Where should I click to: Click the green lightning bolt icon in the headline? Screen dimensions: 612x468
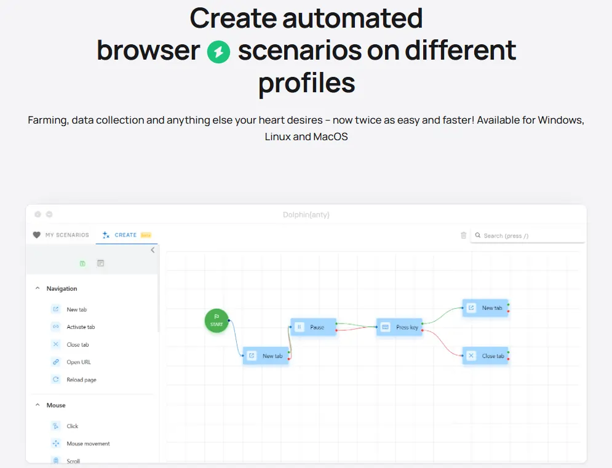(218, 52)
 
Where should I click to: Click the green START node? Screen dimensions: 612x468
(217, 321)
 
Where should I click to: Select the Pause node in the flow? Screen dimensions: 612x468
(314, 327)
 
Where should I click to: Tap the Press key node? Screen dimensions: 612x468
(399, 327)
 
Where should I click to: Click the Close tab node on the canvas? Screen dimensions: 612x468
(485, 355)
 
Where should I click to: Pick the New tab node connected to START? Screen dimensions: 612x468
(266, 355)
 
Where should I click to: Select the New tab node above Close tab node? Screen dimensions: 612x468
(485, 307)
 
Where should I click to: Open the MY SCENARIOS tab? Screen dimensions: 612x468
(62, 235)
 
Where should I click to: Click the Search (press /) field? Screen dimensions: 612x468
(528, 236)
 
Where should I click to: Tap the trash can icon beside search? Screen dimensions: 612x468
(463, 236)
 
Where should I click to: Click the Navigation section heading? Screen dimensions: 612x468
(62, 288)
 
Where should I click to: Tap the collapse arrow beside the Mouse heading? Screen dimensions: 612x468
(38, 405)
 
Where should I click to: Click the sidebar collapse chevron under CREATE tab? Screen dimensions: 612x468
(153, 250)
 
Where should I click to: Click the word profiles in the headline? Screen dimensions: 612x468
(307, 83)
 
